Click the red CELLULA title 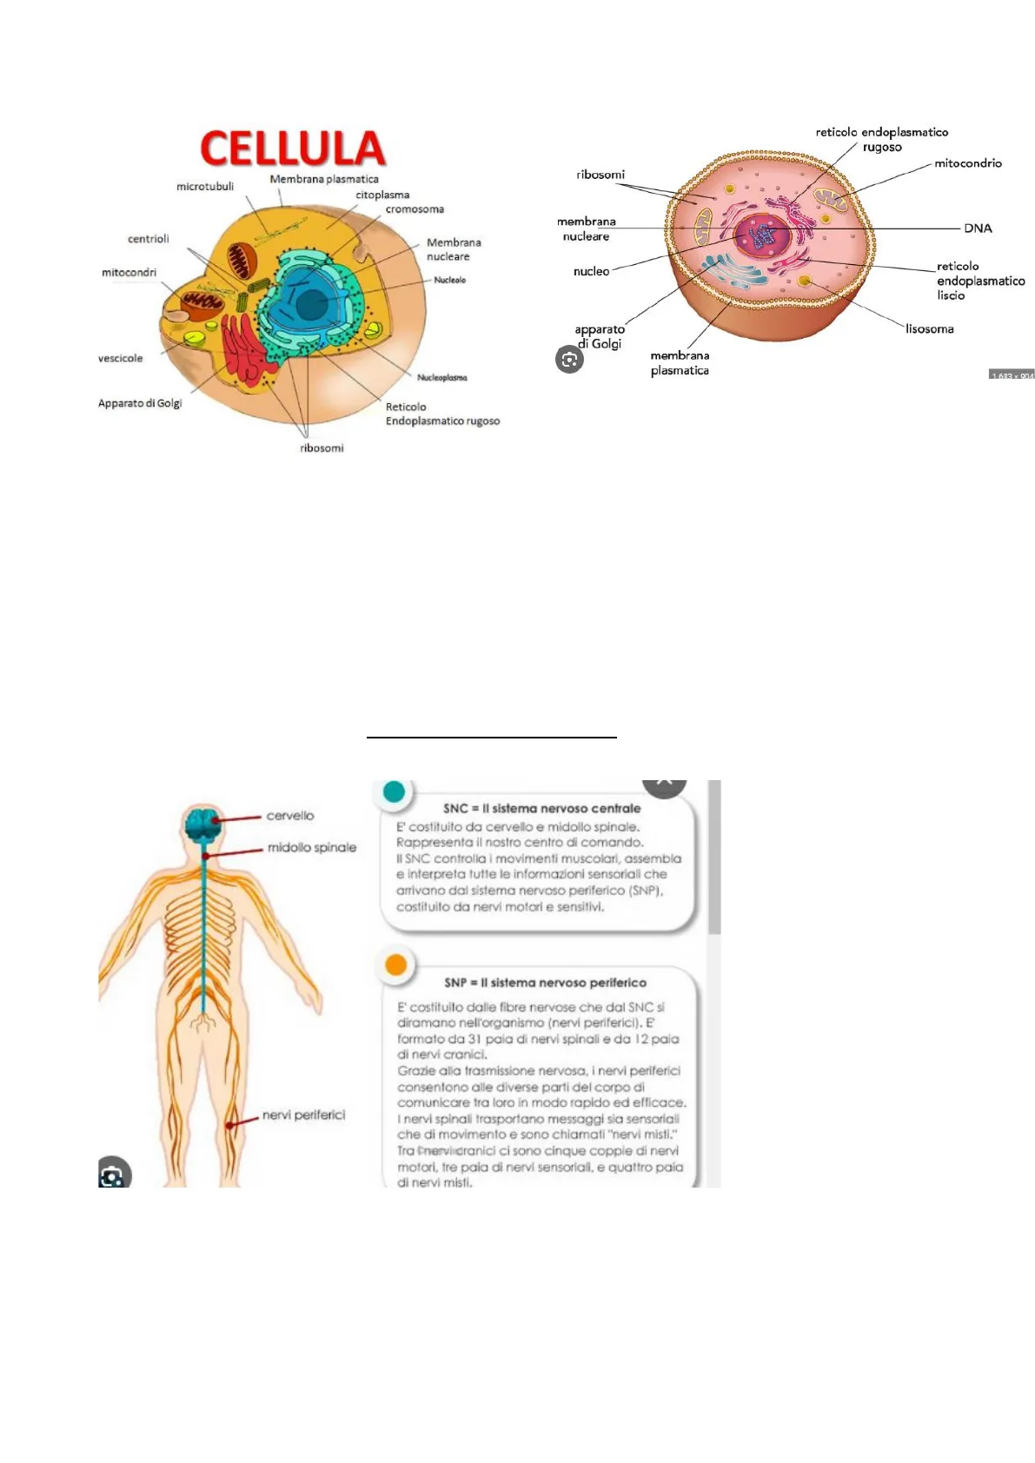click(293, 149)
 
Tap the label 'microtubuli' click(205, 187)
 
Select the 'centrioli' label click(149, 239)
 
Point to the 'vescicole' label click(121, 358)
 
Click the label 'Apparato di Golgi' click(140, 403)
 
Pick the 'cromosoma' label click(415, 209)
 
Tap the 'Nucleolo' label click(450, 280)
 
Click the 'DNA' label click(978, 228)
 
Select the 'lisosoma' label click(929, 329)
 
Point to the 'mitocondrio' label click(968, 163)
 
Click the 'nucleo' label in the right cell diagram click(591, 272)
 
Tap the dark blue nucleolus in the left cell click(311, 305)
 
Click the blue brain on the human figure click(202, 823)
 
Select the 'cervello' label click(290, 816)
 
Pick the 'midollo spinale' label click(312, 847)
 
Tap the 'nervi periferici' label click(303, 1115)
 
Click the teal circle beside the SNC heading click(394, 791)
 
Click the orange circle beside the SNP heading click(396, 964)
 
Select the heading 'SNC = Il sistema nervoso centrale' click(542, 808)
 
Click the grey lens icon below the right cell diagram click(569, 360)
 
